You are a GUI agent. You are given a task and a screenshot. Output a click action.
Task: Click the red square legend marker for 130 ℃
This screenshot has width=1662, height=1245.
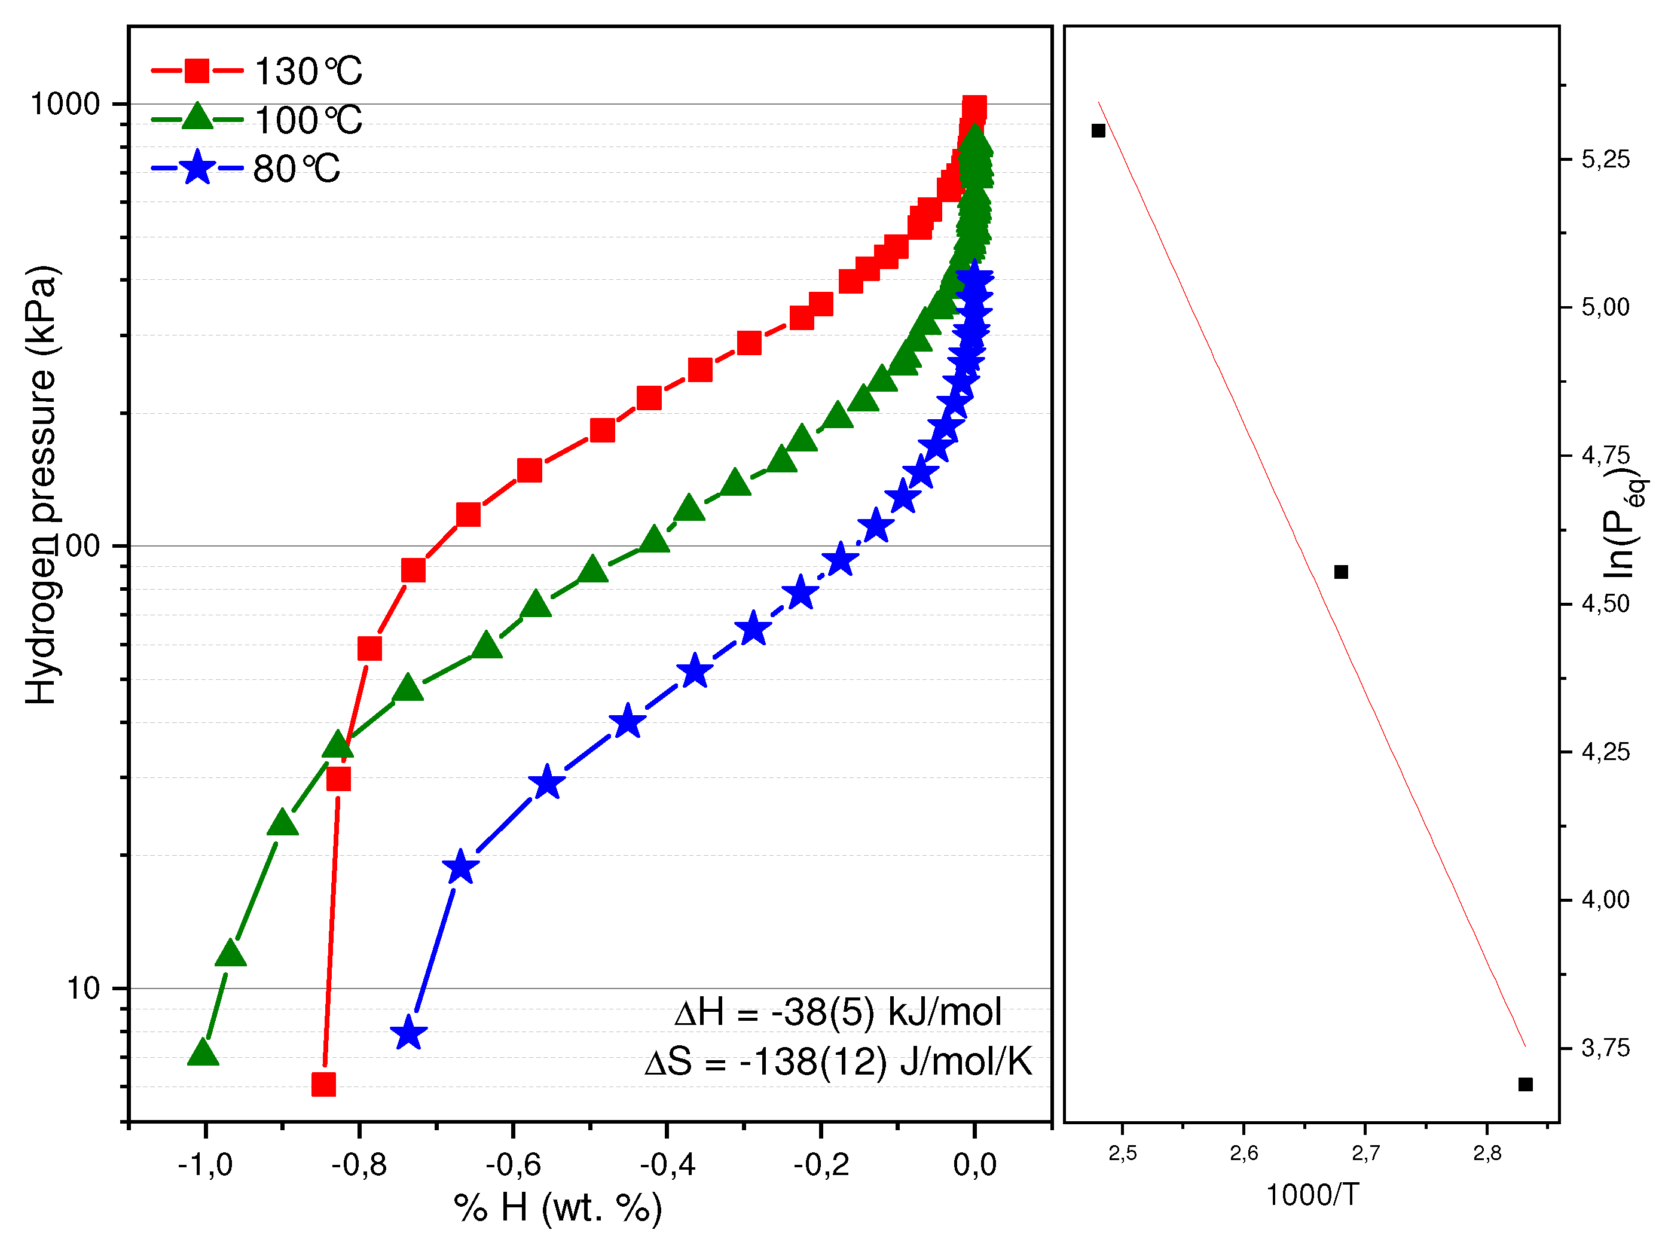click(x=197, y=71)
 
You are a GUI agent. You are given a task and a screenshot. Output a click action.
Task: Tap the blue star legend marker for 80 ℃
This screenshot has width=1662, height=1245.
click(x=197, y=167)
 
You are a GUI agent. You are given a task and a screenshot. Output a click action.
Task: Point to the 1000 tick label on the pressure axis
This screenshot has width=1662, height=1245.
click(x=65, y=103)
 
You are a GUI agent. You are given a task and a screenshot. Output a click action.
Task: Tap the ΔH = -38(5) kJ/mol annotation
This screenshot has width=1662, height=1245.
click(x=838, y=1012)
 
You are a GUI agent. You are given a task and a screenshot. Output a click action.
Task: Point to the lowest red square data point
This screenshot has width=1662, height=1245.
click(x=323, y=1084)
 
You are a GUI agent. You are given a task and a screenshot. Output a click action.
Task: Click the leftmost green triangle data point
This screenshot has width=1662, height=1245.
click(x=203, y=1052)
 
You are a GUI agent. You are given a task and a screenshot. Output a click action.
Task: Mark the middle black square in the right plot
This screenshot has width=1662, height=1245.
click(x=1340, y=572)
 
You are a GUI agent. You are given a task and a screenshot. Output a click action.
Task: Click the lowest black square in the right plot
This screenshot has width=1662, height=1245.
click(x=1525, y=1084)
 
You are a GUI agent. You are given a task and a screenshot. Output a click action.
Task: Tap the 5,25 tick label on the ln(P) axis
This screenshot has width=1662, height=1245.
click(x=1606, y=159)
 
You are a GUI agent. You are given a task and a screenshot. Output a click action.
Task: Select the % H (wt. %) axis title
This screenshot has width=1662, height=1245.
click(x=558, y=1208)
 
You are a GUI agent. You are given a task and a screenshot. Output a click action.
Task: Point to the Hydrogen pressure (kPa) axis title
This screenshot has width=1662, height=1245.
click(x=41, y=484)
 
